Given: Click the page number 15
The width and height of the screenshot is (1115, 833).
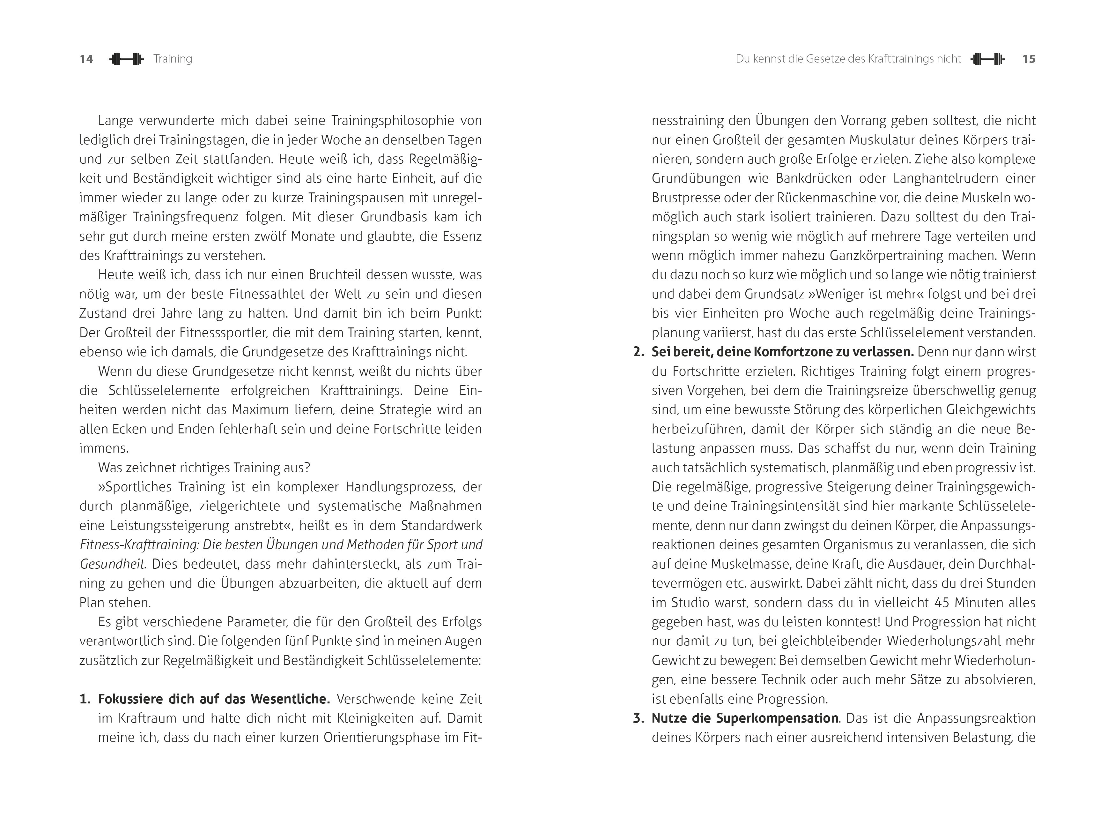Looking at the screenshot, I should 1028,59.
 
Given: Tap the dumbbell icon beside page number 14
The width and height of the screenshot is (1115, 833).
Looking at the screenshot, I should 127,59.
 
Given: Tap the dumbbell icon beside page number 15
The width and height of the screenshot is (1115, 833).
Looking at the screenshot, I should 987,59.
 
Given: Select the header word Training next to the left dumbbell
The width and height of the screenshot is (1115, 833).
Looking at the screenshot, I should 173,59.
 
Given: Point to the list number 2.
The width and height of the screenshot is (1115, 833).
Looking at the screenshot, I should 639,352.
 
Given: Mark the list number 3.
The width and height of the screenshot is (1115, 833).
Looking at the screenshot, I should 639,718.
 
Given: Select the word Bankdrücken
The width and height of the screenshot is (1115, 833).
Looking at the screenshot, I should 810,178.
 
